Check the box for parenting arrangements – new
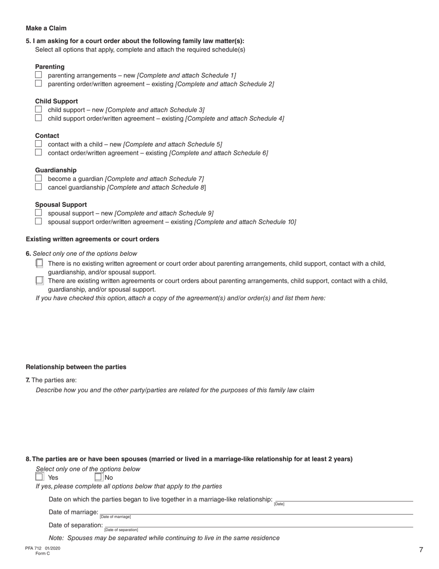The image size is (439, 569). (x=38, y=75)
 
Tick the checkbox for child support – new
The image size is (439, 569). (x=38, y=110)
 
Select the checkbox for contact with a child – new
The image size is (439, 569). (x=38, y=144)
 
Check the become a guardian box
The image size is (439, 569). (x=38, y=179)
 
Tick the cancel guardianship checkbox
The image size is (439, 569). (x=38, y=187)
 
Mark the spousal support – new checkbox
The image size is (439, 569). (x=38, y=213)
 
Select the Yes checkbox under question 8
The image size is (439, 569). (x=39, y=477)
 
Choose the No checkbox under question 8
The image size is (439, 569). (x=98, y=477)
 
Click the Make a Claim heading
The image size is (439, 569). (x=46, y=28)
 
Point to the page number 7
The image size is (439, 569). (x=421, y=550)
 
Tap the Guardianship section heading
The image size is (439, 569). (x=56, y=170)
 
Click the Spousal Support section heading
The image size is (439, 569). (x=61, y=204)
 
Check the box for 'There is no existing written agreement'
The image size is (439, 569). (x=39, y=263)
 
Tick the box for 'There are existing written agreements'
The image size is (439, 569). (x=39, y=280)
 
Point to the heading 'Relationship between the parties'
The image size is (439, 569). (x=76, y=367)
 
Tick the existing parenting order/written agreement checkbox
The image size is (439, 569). (x=38, y=84)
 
